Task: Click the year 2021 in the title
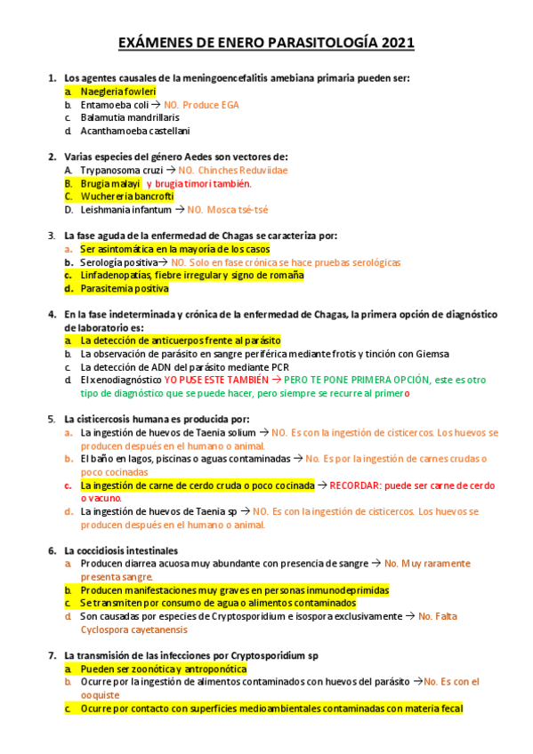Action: pos(395,43)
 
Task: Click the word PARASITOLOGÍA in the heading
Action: pos(325,43)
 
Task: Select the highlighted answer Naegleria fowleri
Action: pos(117,91)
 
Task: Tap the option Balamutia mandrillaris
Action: pos(129,116)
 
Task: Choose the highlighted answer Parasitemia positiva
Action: pos(124,288)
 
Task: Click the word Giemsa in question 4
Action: pos(432,353)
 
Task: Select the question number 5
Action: pos(52,419)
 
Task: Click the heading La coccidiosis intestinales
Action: pos(120,550)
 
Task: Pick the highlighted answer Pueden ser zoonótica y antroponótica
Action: pos(163,669)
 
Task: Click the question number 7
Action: pos(52,655)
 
